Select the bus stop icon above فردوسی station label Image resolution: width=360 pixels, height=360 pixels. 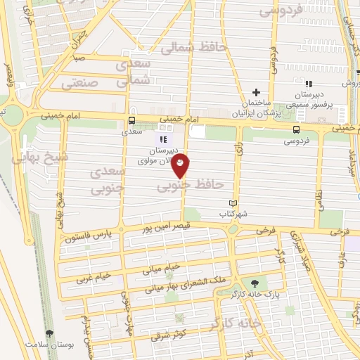click(295, 129)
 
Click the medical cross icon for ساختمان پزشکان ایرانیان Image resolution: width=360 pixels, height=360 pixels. click(257, 91)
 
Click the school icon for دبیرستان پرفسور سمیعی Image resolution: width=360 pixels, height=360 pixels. click(309, 85)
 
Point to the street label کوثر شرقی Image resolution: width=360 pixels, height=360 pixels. click(166, 336)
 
